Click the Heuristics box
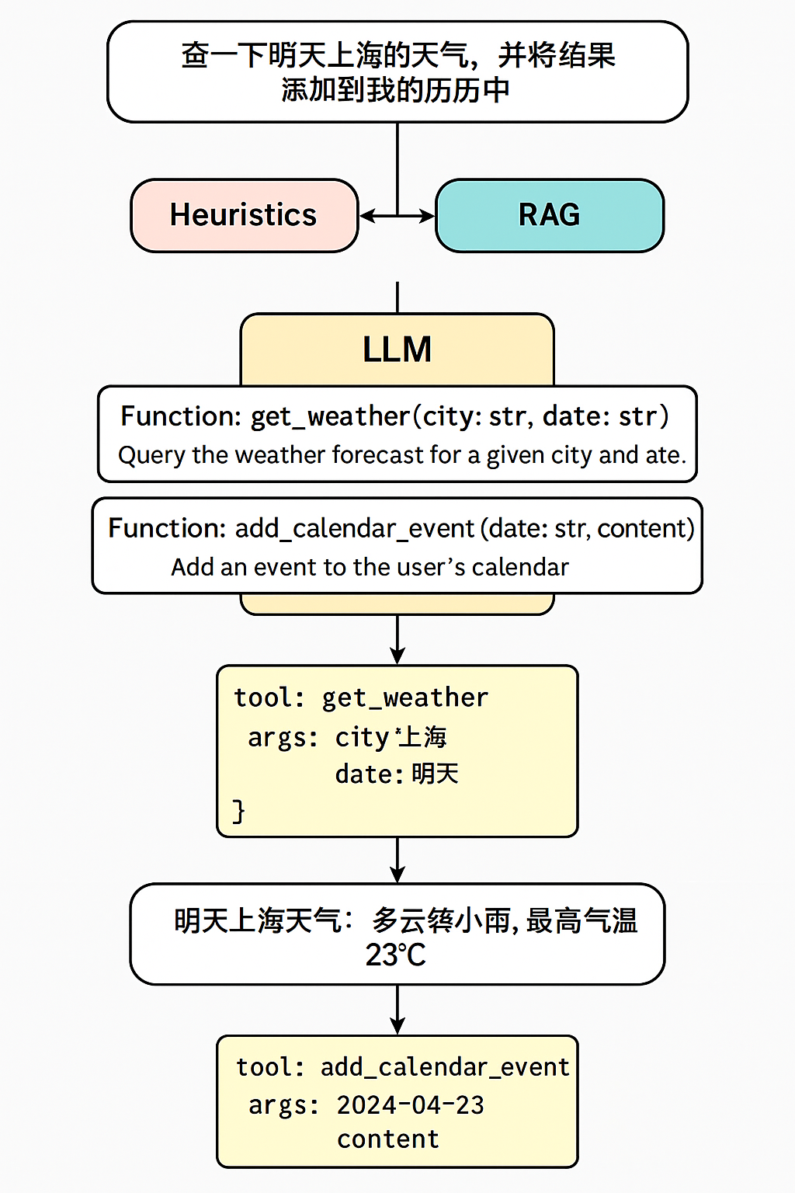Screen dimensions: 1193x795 click(244, 215)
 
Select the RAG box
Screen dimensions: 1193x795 click(550, 215)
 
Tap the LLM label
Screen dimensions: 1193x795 click(397, 350)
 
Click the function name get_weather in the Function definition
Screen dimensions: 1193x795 click(330, 417)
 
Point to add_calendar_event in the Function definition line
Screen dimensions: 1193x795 click(355, 529)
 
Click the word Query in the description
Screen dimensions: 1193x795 click(151, 455)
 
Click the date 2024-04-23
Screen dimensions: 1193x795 click(410, 1104)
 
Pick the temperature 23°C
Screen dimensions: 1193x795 click(396, 955)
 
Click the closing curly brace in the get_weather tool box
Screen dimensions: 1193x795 click(238, 811)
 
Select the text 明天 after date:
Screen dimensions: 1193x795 click(435, 774)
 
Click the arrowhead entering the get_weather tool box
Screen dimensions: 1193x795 click(397, 656)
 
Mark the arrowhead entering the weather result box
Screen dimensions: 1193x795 click(397, 875)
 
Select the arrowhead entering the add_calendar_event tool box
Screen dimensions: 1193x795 click(397, 1026)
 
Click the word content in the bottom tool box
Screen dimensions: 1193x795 click(387, 1139)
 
